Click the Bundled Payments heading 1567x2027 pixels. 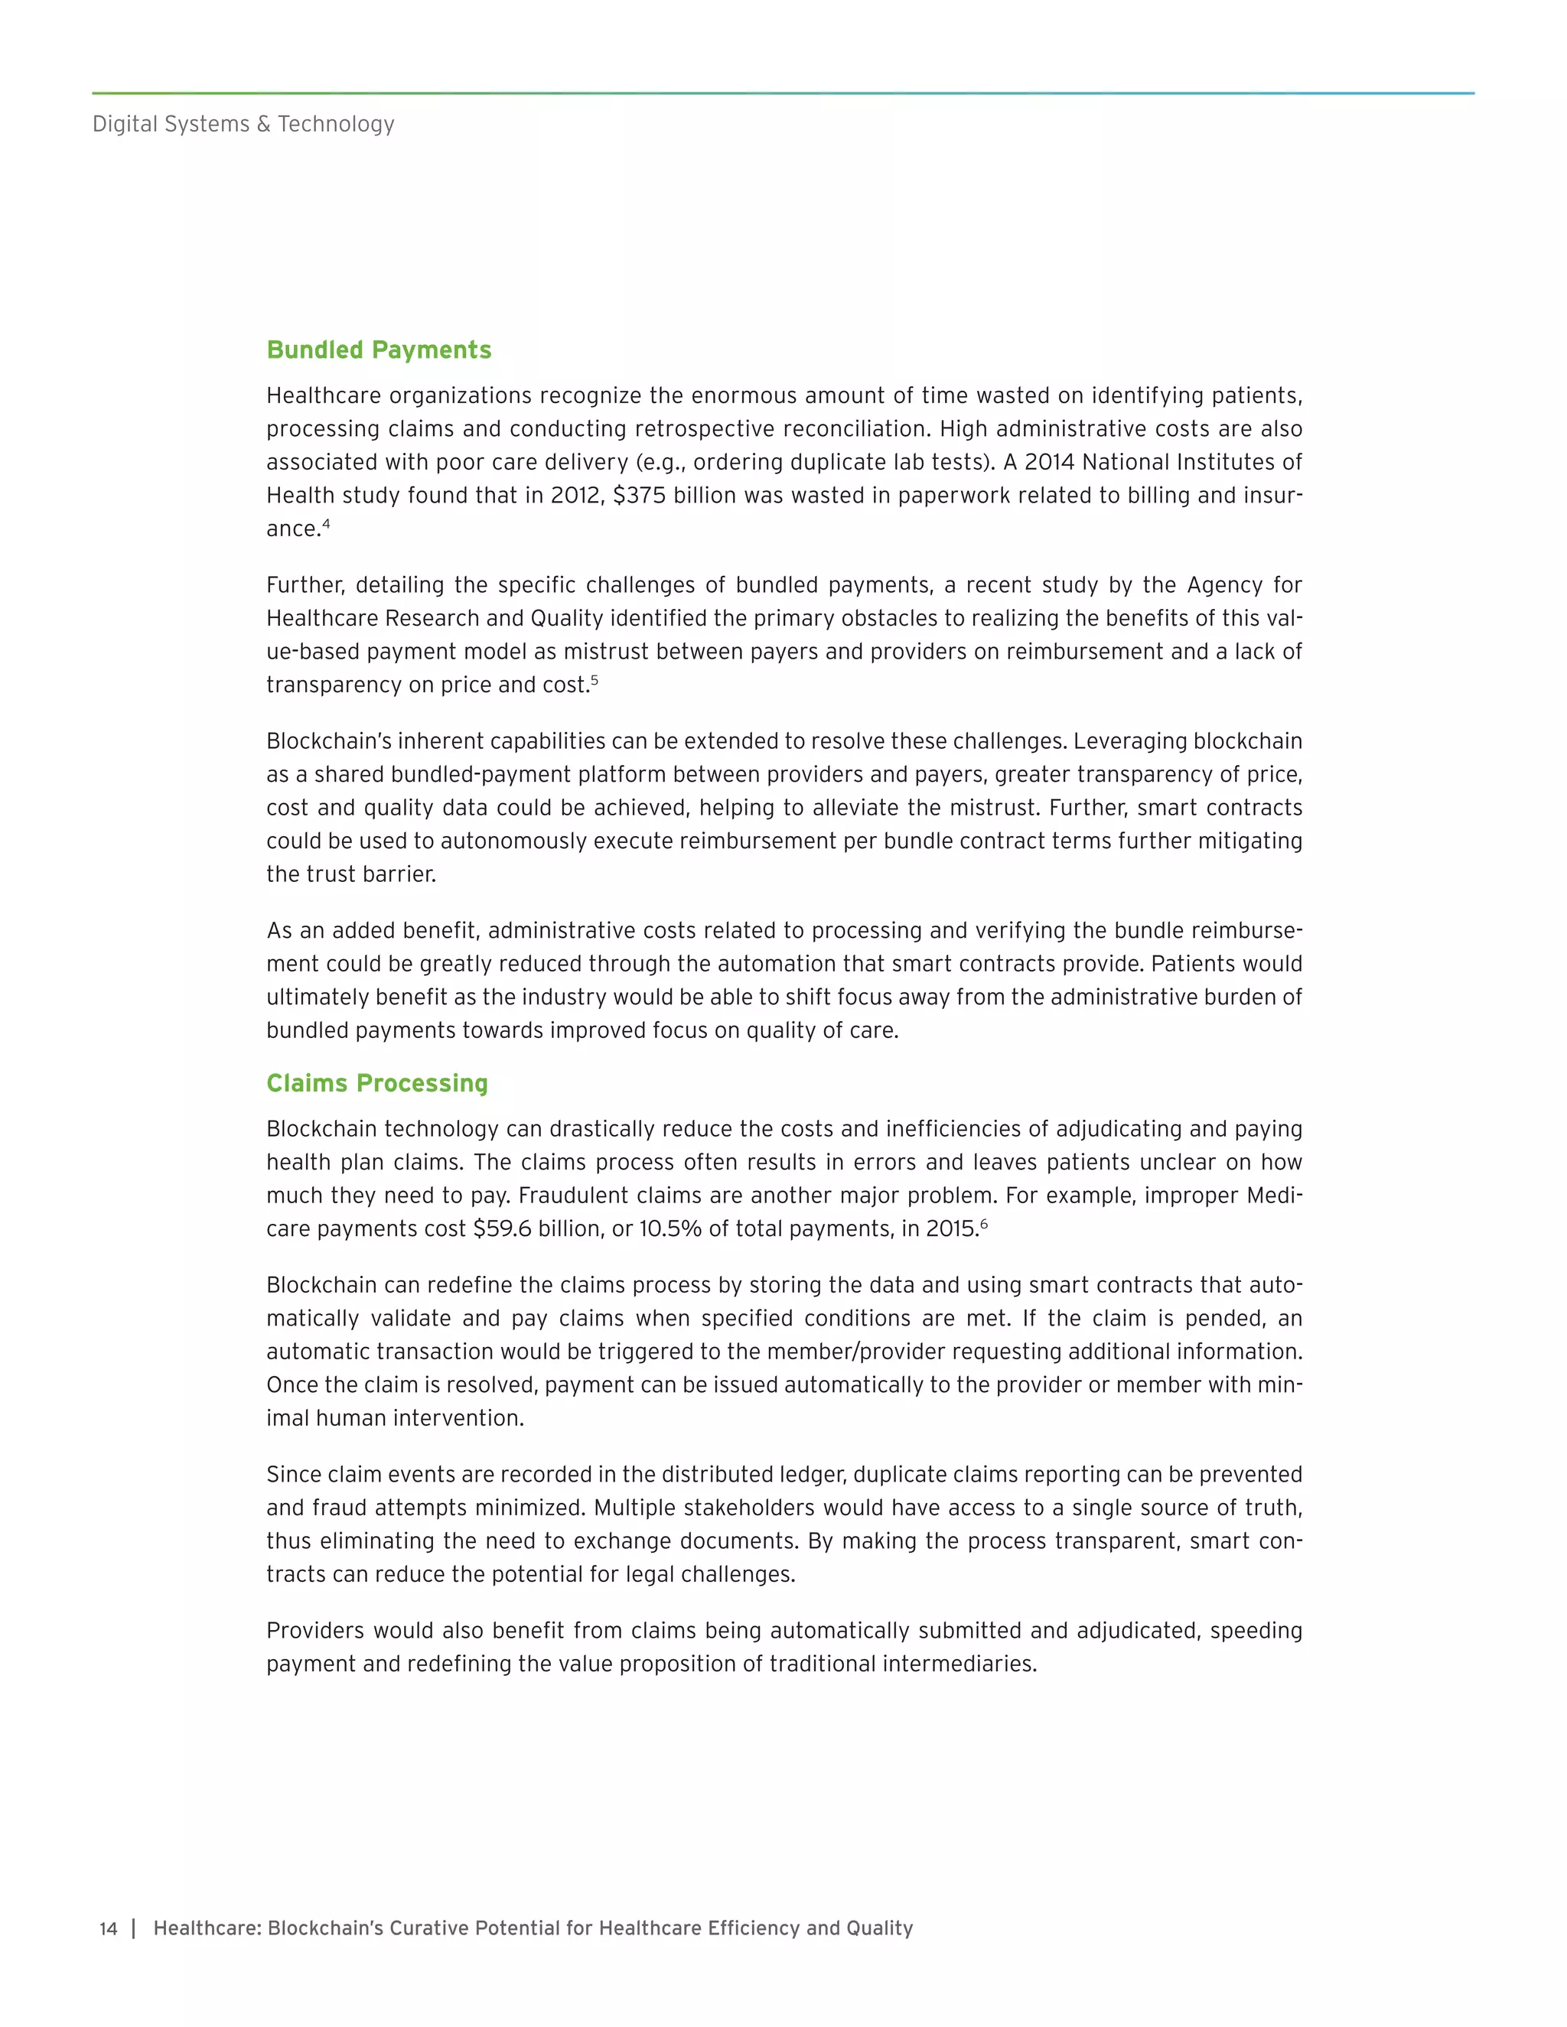[379, 350]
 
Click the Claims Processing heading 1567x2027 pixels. [377, 1083]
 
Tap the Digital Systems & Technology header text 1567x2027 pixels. [243, 123]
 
